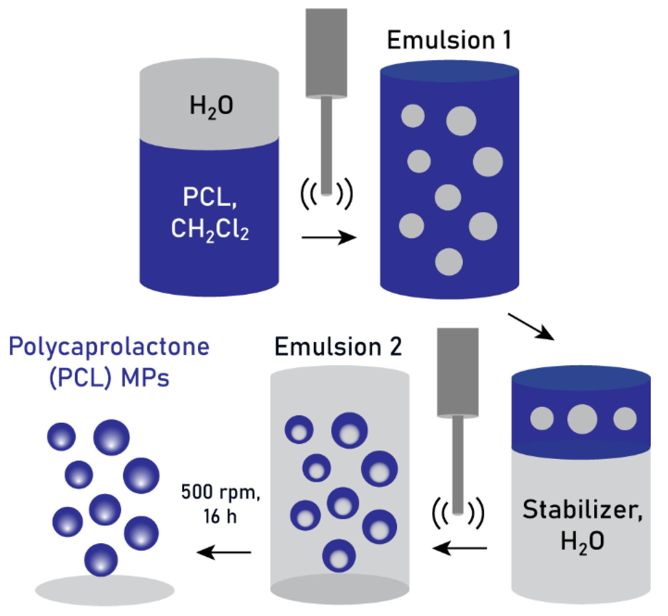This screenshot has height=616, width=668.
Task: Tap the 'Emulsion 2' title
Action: (338, 347)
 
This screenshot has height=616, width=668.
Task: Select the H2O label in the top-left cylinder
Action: (211, 106)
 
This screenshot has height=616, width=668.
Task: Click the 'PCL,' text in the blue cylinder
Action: (210, 197)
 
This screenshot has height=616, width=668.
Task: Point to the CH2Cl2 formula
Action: (210, 229)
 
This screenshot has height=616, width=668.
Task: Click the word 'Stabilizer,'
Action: (582, 509)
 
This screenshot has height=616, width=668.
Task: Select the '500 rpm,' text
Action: (220, 492)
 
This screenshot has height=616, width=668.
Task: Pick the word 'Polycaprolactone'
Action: (109, 347)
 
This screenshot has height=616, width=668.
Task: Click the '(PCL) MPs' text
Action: (109, 378)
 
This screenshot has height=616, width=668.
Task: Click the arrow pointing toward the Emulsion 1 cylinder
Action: (329, 237)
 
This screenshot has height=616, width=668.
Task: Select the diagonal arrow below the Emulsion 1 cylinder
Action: (531, 326)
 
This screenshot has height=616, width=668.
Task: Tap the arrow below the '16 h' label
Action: (224, 552)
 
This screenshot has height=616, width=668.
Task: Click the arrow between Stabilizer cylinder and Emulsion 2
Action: (460, 548)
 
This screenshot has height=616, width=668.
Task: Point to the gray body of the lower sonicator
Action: (458, 372)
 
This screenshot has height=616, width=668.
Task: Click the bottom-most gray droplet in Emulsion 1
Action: (448, 262)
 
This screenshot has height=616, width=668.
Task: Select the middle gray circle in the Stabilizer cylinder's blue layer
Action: (582, 419)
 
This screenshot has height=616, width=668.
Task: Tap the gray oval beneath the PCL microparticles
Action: (104, 590)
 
